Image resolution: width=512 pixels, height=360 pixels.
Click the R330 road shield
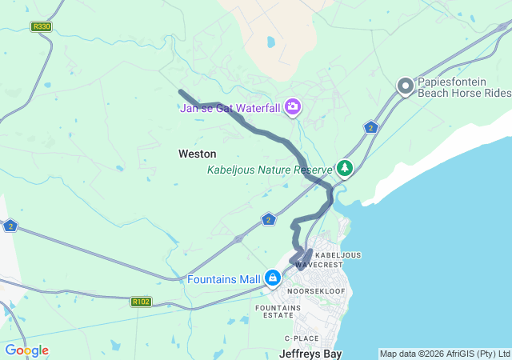41,26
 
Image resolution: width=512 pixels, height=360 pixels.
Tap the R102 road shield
141,302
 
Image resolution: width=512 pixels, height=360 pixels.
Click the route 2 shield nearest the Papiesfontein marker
370,127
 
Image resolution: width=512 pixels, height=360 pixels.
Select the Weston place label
197,153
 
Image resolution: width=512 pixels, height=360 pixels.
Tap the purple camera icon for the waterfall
293,106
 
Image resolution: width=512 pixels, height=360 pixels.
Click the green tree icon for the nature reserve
344,168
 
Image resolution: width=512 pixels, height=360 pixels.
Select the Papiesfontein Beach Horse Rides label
463,87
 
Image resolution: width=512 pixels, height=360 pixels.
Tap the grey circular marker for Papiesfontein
405,85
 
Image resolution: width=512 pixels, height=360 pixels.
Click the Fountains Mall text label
224,279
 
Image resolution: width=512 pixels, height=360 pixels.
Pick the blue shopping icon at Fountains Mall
273,278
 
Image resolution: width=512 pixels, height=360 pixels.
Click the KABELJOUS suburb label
338,255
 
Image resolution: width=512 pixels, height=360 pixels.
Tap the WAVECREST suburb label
318,265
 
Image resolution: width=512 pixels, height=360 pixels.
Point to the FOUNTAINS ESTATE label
278,311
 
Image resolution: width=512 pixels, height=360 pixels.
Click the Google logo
26,350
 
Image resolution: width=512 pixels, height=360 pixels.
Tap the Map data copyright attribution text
444,354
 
